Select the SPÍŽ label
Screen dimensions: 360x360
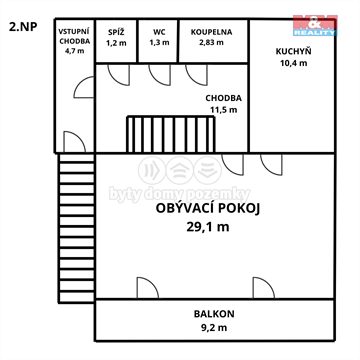(116, 32)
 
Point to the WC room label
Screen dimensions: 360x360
(159, 32)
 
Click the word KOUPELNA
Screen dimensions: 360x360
(211, 32)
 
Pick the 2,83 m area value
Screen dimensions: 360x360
(211, 44)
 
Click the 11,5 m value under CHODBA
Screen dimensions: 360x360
(222, 110)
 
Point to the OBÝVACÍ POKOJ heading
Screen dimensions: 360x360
(208, 208)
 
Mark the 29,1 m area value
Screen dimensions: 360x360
(208, 227)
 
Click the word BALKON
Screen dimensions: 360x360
(214, 314)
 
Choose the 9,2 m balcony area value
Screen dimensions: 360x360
(214, 327)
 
